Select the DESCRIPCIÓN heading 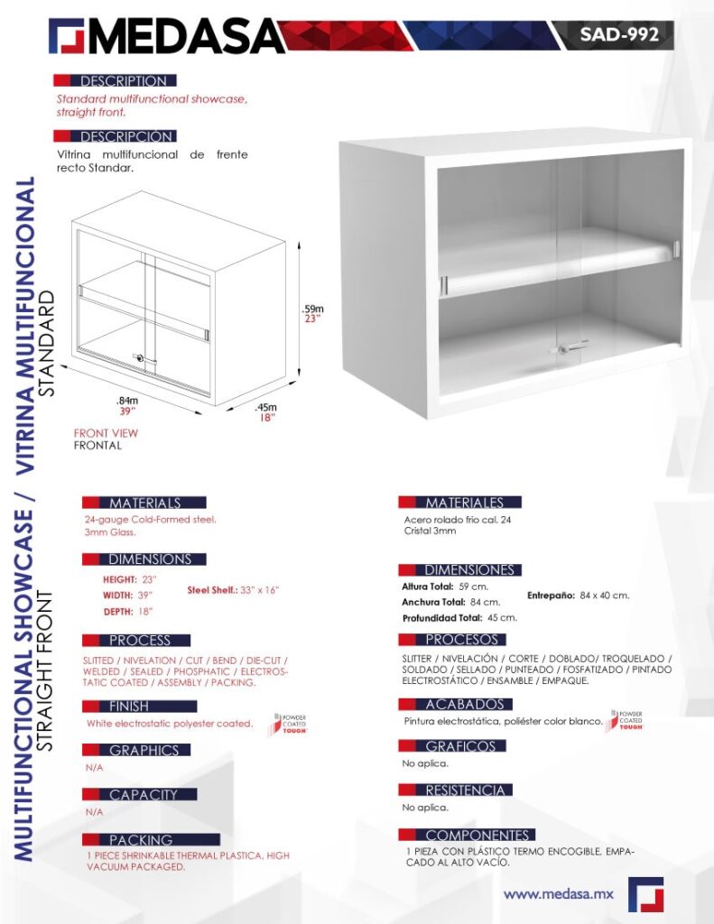point(126,136)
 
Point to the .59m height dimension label point(312,310)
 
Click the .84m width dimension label point(126,401)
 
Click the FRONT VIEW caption point(106,433)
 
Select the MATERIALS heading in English point(144,503)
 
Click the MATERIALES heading point(464,502)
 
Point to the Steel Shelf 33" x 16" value point(234,589)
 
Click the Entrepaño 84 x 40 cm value point(579,596)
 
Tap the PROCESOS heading point(461,640)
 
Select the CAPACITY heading point(144,795)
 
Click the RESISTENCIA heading point(464,790)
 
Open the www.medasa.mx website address point(559,893)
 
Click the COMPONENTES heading point(477,836)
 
